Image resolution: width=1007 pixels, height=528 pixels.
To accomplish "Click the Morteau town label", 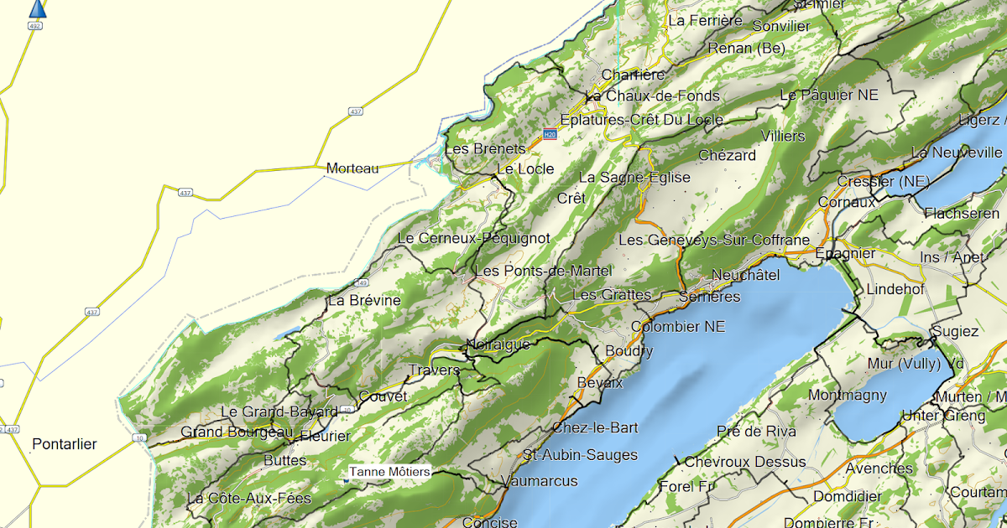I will pyautogui.click(x=352, y=168).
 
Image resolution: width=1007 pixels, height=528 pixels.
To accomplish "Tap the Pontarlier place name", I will pyautogui.click(x=65, y=444).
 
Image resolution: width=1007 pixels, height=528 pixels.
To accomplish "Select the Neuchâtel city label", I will pyautogui.click(x=745, y=275).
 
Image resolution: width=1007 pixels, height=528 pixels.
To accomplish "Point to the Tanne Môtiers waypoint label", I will pyautogui.click(x=390, y=472).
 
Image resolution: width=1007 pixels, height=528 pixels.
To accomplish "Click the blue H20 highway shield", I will pyautogui.click(x=550, y=134).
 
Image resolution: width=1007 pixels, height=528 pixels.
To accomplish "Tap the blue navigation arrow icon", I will pyautogui.click(x=37, y=8).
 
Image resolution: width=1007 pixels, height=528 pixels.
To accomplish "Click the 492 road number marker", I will pyautogui.click(x=34, y=25).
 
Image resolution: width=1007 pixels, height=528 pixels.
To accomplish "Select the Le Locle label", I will pyautogui.click(x=525, y=168).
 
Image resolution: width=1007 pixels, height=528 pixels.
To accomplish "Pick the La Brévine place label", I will pyautogui.click(x=364, y=300).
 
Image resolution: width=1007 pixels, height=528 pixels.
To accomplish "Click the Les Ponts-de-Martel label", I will pyautogui.click(x=543, y=271).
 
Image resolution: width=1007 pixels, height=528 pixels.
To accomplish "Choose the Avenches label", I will pyautogui.click(x=879, y=468).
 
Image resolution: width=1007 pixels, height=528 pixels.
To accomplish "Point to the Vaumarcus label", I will pyautogui.click(x=539, y=481).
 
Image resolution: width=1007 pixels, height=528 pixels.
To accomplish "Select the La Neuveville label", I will pyautogui.click(x=957, y=153).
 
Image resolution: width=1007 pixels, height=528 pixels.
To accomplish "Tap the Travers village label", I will pyautogui.click(x=434, y=370).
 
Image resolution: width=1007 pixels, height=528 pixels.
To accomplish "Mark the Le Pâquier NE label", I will pyautogui.click(x=829, y=96).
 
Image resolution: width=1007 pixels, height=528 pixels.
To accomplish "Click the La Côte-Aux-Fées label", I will pyautogui.click(x=249, y=499).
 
